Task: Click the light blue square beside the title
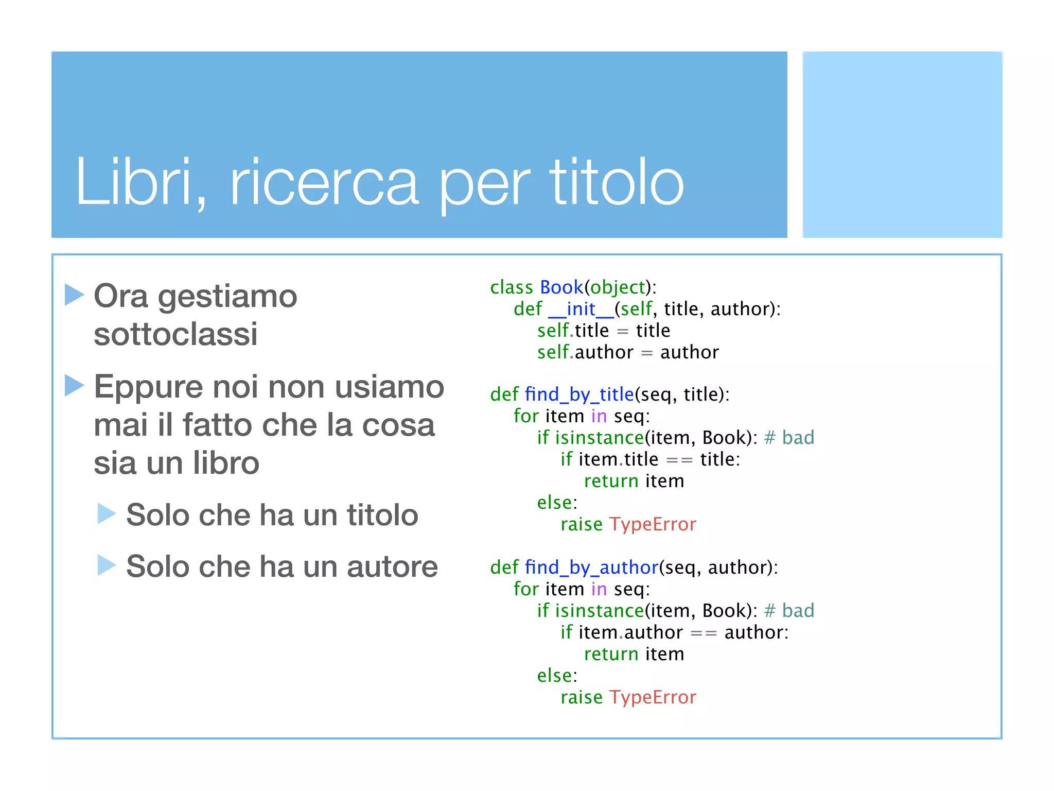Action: (x=902, y=145)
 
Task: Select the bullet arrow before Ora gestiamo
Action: (x=74, y=295)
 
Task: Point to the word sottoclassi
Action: (x=175, y=334)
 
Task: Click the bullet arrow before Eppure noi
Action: (x=74, y=385)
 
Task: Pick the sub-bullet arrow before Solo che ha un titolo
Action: (x=107, y=513)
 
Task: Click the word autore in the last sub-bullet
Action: (x=392, y=566)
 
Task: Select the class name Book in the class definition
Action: (x=561, y=287)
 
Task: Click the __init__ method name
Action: (x=581, y=309)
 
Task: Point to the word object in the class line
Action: (x=618, y=287)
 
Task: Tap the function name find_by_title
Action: (x=579, y=394)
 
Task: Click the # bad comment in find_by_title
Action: (x=789, y=438)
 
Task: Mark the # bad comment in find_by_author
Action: (x=789, y=611)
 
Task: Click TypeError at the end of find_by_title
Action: (x=653, y=524)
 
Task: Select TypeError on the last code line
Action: (x=653, y=697)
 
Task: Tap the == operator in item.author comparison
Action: (x=704, y=633)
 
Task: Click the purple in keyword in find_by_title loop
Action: (x=599, y=416)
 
